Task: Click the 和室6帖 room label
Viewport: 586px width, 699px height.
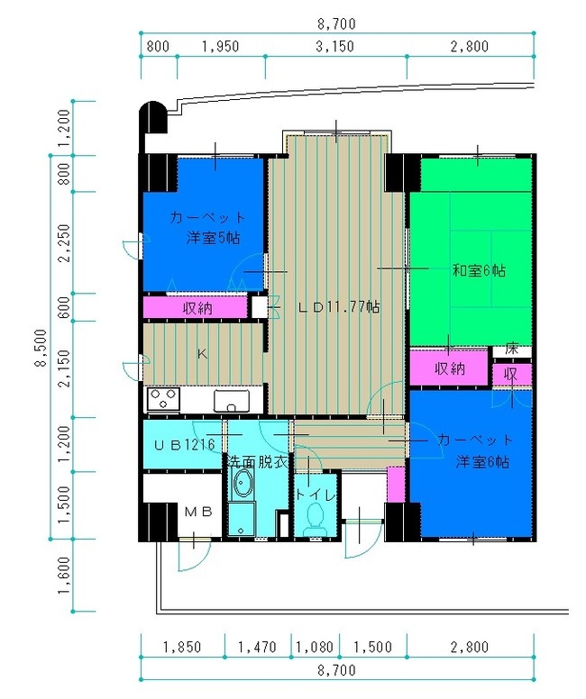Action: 479,270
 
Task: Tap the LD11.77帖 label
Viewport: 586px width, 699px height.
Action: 339,306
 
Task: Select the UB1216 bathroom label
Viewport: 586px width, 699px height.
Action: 185,444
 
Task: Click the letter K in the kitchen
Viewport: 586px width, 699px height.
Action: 202,354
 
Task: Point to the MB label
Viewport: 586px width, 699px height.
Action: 198,512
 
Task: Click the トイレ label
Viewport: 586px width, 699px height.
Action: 316,495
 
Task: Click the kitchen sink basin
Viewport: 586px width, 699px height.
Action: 231,401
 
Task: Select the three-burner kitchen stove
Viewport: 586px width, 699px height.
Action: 164,399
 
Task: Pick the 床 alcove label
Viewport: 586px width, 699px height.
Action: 511,349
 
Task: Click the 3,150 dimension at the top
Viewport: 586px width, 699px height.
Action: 334,46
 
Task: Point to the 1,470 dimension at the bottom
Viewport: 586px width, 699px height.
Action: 258,647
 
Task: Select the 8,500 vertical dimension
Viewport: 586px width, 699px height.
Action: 41,348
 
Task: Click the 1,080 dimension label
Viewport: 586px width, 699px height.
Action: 315,647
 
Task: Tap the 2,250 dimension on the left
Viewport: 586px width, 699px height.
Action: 64,242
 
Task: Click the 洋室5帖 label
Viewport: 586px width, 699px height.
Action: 214,238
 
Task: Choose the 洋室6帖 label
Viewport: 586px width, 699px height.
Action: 482,461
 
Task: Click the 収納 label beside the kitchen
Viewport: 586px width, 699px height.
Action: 197,307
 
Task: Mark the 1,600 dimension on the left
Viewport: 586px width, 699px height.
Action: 64,575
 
